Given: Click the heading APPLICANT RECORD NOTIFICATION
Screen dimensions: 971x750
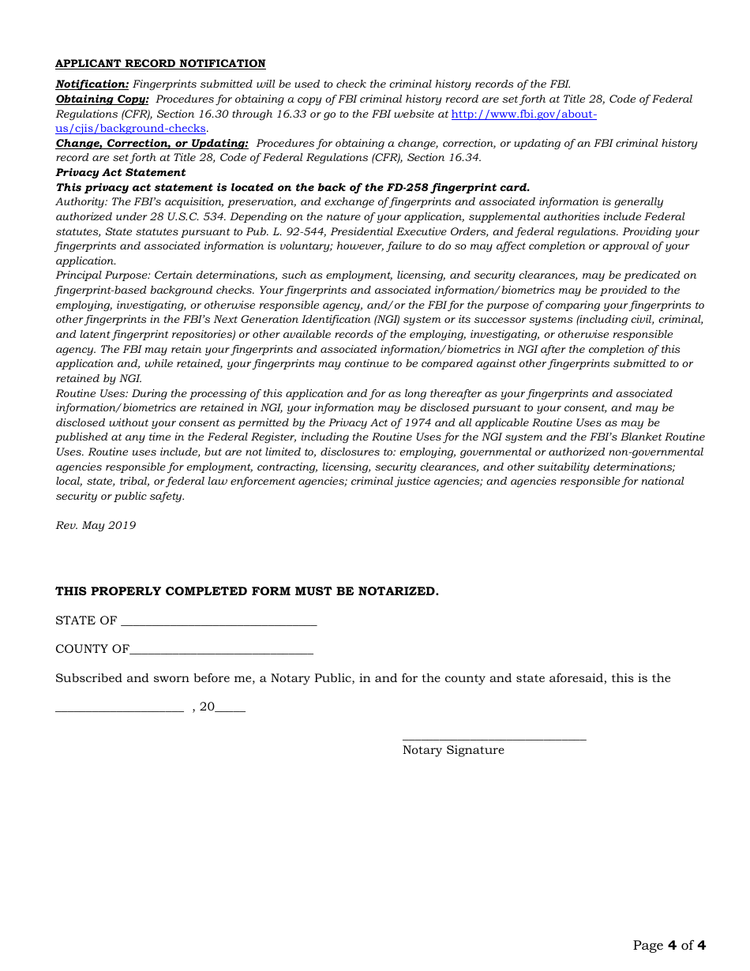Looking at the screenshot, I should pyautogui.click(x=160, y=64).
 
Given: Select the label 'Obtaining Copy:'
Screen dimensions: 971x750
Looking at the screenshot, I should pyautogui.click(x=102, y=99).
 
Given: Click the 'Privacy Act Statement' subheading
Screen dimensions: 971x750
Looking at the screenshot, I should pyautogui.click(x=120, y=173).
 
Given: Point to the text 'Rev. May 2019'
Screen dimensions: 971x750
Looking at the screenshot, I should pyautogui.click(x=96, y=526).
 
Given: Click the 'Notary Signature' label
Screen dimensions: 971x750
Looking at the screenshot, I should pyautogui.click(x=453, y=750).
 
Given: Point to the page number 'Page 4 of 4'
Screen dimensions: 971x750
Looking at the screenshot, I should pyautogui.click(x=669, y=945).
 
